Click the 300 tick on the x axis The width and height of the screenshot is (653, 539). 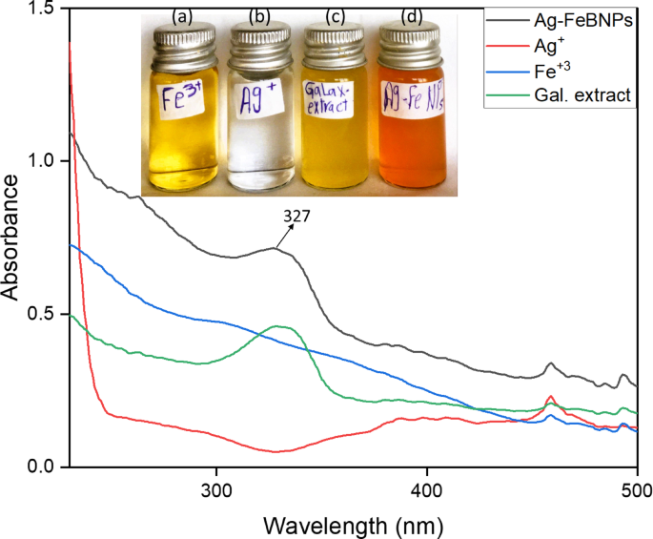pyautogui.click(x=217, y=488)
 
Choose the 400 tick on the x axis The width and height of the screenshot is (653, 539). pyautogui.click(x=427, y=488)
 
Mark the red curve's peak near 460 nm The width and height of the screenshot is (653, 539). pyautogui.click(x=549, y=396)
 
